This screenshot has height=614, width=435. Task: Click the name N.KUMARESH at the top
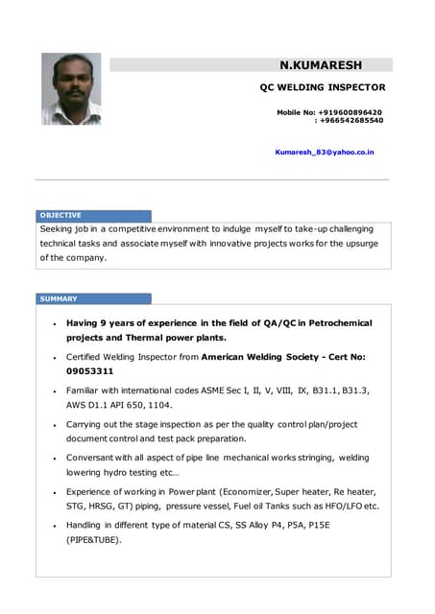coord(321,65)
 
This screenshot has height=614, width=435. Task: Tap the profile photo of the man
coord(71,89)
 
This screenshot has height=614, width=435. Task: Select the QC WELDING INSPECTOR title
coord(323,86)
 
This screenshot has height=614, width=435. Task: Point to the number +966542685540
coord(350,121)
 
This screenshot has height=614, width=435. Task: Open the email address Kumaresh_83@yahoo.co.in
coord(325,152)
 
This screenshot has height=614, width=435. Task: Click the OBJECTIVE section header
coord(60,216)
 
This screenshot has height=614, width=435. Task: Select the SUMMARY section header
coord(59,299)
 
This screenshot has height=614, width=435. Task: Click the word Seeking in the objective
coord(60,229)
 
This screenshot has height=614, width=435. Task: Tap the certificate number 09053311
coord(90,371)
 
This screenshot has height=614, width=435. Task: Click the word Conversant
coord(95,458)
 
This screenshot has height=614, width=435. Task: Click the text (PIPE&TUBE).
coord(93,539)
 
